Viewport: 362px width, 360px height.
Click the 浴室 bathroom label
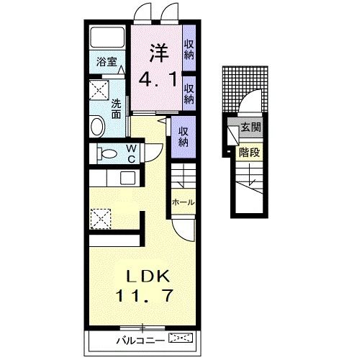(107, 62)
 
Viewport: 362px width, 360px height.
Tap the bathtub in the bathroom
(107, 37)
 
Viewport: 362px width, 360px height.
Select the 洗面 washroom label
(116, 109)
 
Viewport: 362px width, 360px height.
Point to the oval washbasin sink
(97, 126)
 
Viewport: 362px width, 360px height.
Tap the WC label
(131, 154)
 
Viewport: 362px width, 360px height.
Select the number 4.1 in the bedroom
(158, 80)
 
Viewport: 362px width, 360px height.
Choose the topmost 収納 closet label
(189, 50)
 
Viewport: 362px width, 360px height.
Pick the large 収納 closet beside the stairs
(184, 137)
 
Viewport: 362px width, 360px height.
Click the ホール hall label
(184, 202)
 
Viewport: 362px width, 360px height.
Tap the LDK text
(148, 276)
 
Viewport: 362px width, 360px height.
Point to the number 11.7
(145, 296)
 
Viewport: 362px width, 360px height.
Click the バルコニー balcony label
(140, 341)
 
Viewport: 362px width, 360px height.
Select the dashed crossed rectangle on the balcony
(181, 338)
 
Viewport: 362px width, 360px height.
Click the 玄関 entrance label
(251, 127)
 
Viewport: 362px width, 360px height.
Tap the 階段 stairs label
(250, 153)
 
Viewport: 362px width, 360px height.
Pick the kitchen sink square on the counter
(127, 178)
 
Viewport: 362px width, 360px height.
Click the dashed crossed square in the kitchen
(101, 219)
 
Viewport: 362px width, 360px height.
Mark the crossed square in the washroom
(99, 90)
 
